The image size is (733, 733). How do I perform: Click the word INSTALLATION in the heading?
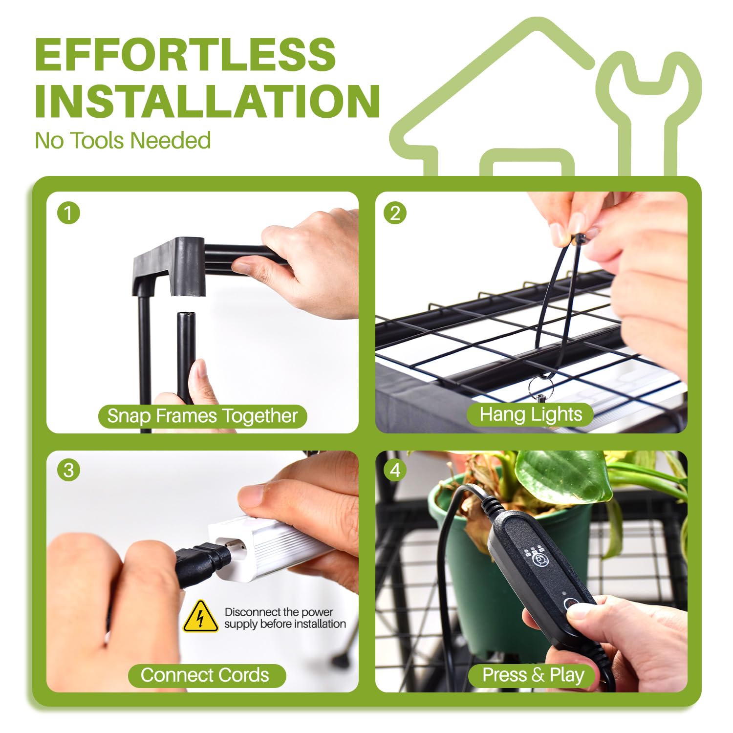[x=207, y=101]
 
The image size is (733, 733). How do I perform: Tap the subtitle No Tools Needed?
[x=123, y=141]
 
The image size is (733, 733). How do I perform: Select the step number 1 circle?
[x=68, y=213]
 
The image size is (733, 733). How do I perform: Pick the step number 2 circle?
[x=395, y=213]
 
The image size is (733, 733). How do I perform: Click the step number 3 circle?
[x=68, y=470]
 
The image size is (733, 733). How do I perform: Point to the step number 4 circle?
[x=395, y=470]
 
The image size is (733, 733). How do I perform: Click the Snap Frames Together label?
[x=202, y=416]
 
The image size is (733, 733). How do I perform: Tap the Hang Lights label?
[x=531, y=414]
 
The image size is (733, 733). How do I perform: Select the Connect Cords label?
[x=205, y=675]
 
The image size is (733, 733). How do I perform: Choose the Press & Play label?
[x=533, y=675]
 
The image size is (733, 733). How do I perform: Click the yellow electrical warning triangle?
[x=200, y=617]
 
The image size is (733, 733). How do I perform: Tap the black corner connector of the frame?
[x=169, y=266]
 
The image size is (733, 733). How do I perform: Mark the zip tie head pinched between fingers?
[x=580, y=239]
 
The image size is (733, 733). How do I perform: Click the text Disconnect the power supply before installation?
[x=285, y=618]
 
